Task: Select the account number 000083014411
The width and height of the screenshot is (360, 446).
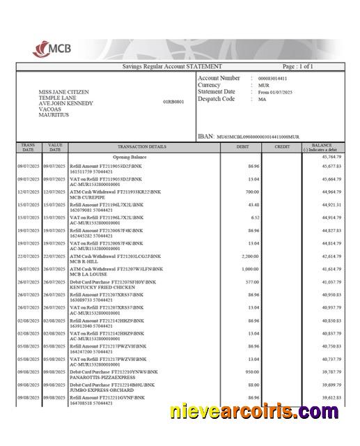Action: pyautogui.click(x=272, y=79)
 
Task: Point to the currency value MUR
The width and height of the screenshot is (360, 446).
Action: pyautogui.click(x=263, y=86)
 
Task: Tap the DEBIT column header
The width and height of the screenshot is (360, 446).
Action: pyautogui.click(x=243, y=147)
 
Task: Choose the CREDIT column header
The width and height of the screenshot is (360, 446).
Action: pyautogui.click(x=282, y=147)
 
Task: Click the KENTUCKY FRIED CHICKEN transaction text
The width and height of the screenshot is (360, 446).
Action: pyautogui.click(x=96, y=286)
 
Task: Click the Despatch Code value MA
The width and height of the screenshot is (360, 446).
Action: pyautogui.click(x=262, y=100)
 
